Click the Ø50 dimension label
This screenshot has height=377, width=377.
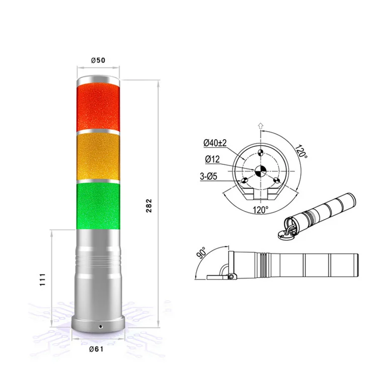tap(98, 60)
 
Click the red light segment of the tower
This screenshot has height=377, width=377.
tap(99, 107)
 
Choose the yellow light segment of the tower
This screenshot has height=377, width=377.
tap(99, 155)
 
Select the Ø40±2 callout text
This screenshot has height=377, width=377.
tap(215, 143)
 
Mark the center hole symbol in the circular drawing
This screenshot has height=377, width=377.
tap(260, 170)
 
